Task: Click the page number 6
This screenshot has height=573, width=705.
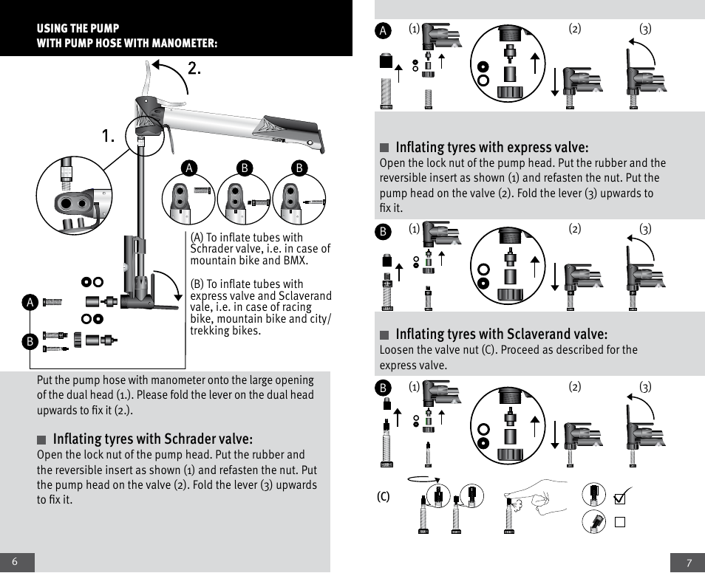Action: pyautogui.click(x=15, y=562)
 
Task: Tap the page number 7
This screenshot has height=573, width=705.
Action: pyautogui.click(x=689, y=563)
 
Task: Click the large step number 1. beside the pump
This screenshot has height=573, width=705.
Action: pyautogui.click(x=109, y=137)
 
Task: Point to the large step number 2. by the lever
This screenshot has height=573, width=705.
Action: pyautogui.click(x=194, y=69)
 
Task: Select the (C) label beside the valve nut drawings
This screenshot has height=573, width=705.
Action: pyautogui.click(x=384, y=496)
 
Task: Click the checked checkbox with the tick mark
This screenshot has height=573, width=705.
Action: pyautogui.click(x=621, y=498)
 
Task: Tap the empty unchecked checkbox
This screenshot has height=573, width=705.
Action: pyautogui.click(x=620, y=522)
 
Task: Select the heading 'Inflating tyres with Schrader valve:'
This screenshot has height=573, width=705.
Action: pyautogui.click(x=152, y=439)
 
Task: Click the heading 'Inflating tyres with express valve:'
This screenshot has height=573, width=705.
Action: pyautogui.click(x=491, y=147)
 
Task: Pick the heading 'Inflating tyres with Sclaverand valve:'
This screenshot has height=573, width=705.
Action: pyautogui.click(x=501, y=334)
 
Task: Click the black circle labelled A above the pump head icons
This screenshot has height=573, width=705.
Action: pyautogui.click(x=189, y=168)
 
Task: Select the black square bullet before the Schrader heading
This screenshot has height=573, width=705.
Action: pyautogui.click(x=42, y=440)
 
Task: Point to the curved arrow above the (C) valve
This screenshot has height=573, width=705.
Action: pyautogui.click(x=423, y=478)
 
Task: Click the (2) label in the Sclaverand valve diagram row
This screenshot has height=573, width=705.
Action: pyautogui.click(x=575, y=387)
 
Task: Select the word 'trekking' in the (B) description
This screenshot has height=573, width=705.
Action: pyautogui.click(x=212, y=331)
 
